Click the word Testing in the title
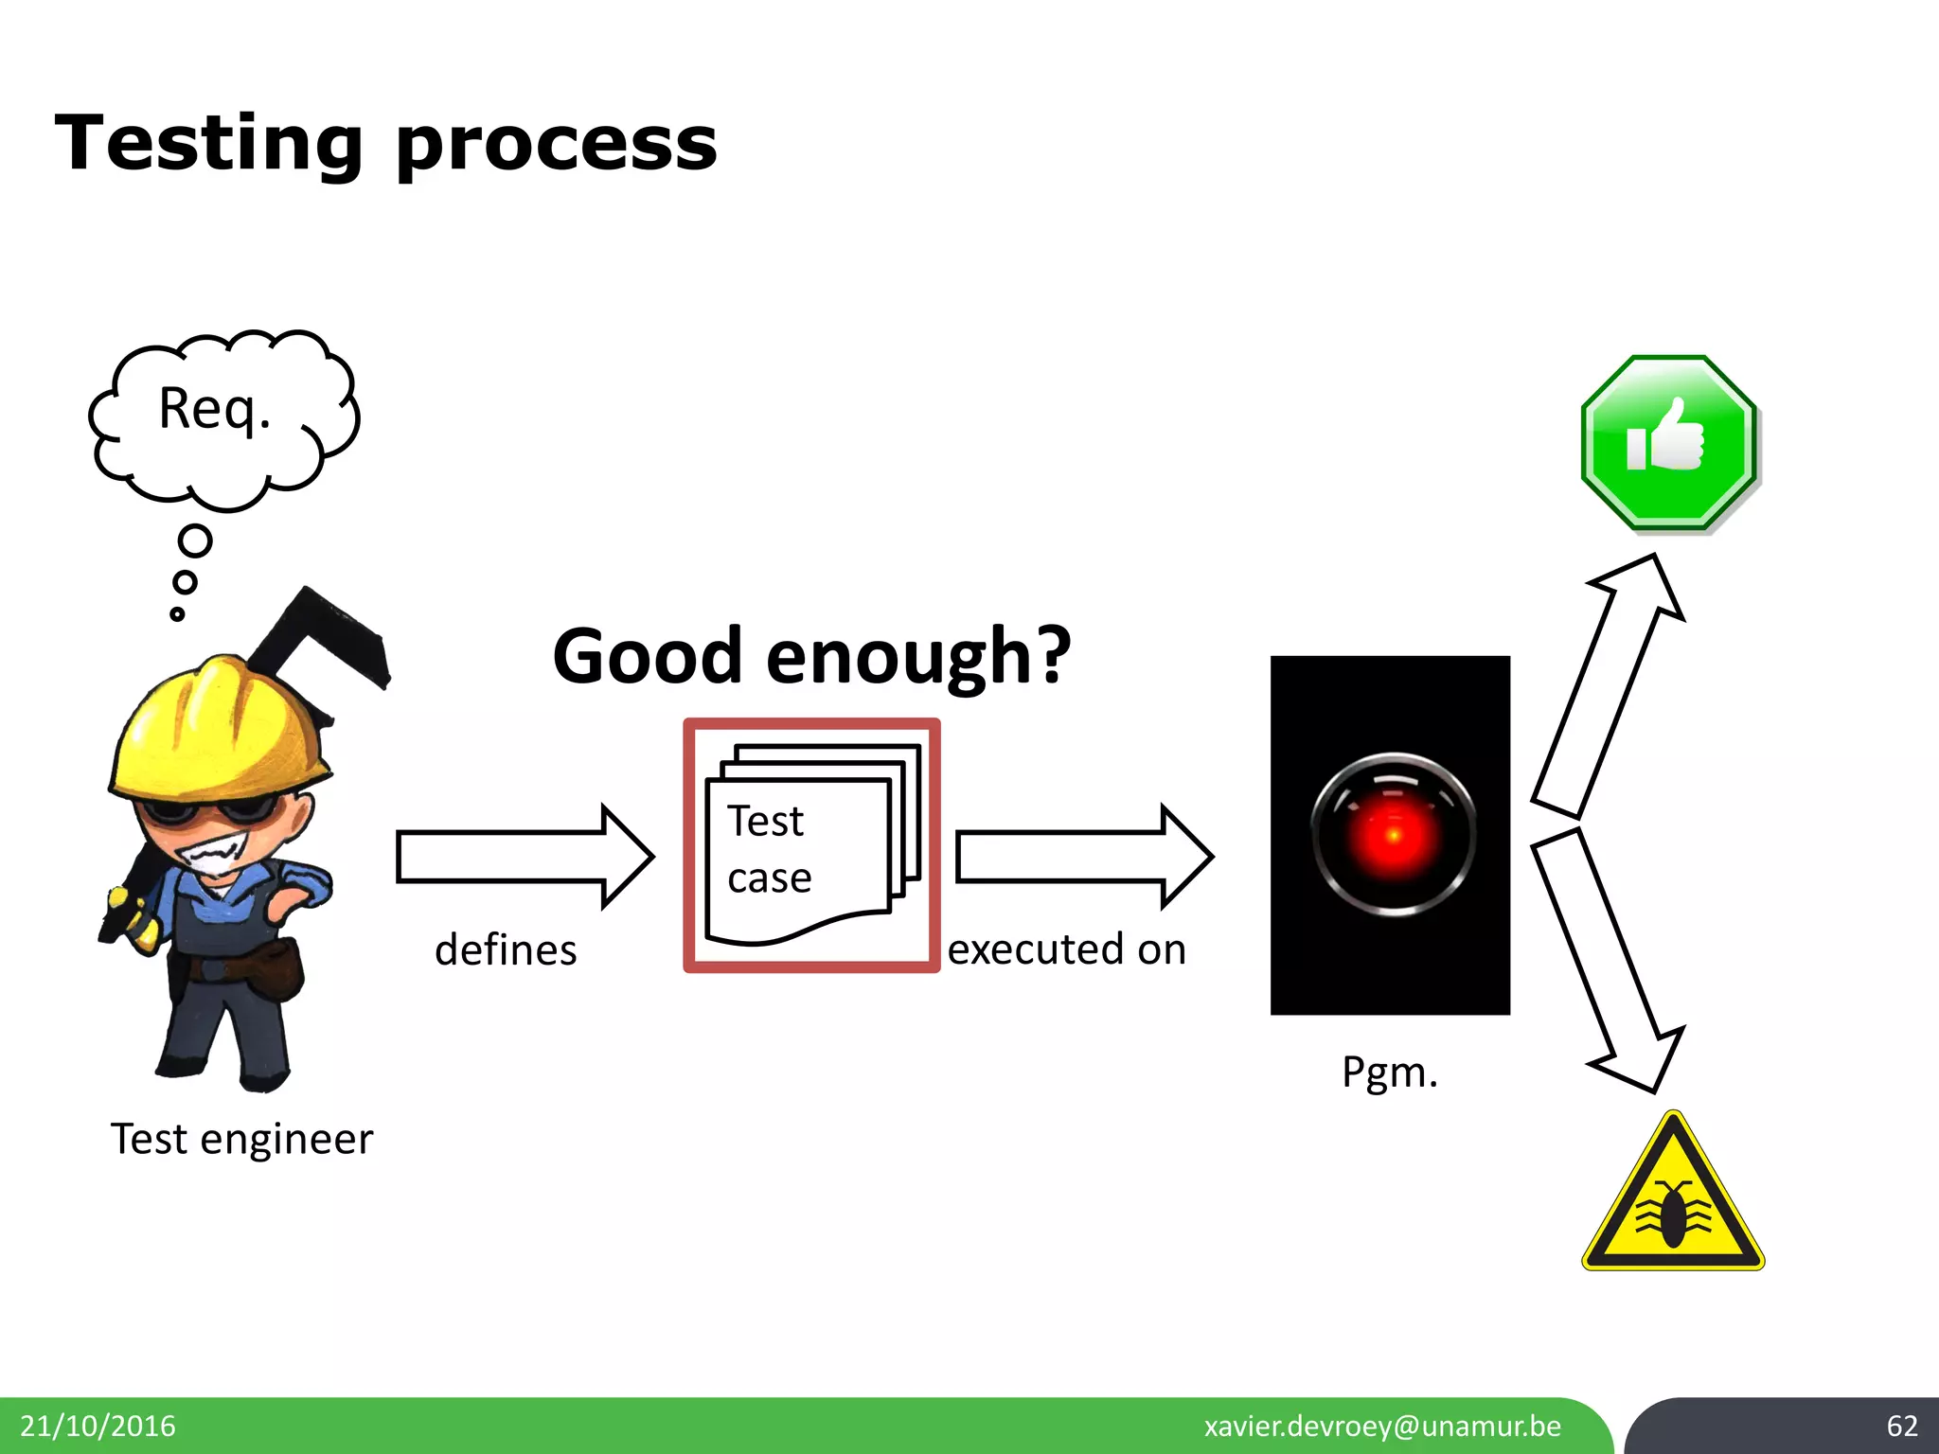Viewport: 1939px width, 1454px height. (209, 144)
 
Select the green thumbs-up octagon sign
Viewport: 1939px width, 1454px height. (1668, 442)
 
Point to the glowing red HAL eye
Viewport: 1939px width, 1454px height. (1393, 834)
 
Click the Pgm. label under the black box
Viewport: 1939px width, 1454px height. (1389, 1073)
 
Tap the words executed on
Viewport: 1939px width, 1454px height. (1066, 949)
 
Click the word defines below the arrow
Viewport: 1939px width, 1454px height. (506, 950)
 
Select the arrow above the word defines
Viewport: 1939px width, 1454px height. (524, 857)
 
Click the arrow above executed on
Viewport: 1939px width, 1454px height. (1083, 857)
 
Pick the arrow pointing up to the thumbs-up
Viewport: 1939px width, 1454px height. (1609, 686)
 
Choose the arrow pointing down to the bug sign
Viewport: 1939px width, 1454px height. (1607, 961)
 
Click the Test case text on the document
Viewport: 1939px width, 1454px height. (769, 849)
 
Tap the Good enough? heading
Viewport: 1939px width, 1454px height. (811, 656)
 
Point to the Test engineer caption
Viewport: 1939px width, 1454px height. (241, 1139)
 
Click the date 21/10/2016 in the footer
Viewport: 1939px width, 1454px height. (98, 1426)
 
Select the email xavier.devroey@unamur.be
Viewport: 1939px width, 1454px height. (1382, 1426)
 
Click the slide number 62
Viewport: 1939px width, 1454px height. (1901, 1426)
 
